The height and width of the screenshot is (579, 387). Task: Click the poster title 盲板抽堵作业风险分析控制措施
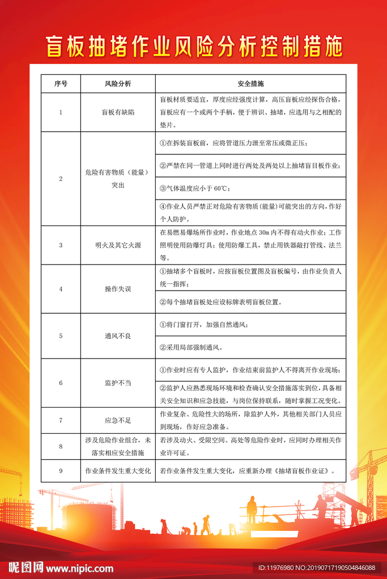pos(194,47)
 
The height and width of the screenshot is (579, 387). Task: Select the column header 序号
pos(61,84)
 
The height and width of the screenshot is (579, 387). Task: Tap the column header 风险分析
pos(117,84)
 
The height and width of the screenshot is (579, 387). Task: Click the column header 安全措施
pos(250,84)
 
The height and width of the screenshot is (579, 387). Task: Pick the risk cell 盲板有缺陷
pos(117,112)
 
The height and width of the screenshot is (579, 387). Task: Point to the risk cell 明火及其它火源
pos(117,245)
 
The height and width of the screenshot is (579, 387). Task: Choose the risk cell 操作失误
pos(117,289)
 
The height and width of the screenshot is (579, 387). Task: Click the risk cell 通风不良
pos(117,336)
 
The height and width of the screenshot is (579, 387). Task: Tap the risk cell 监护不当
pos(117,383)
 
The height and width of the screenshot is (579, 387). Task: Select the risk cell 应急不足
pos(117,420)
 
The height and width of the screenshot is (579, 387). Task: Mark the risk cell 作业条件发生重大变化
pos(117,470)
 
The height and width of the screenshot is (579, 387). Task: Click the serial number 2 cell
pos(61,179)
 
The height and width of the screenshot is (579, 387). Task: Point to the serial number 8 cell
pos(61,446)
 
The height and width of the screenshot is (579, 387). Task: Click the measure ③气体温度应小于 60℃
pos(195,188)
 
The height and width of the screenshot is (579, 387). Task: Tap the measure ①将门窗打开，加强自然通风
pos(204,325)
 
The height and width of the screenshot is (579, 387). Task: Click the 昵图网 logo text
pos(25,567)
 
